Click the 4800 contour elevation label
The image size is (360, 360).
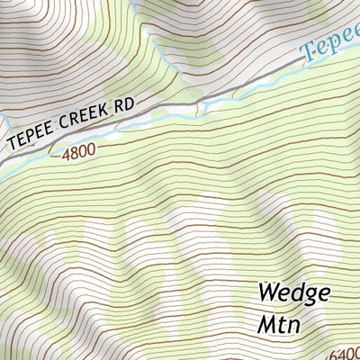[78, 154]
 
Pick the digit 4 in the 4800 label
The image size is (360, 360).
[67, 157]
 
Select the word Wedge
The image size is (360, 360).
[293, 293]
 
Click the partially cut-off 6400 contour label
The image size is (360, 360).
[346, 353]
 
